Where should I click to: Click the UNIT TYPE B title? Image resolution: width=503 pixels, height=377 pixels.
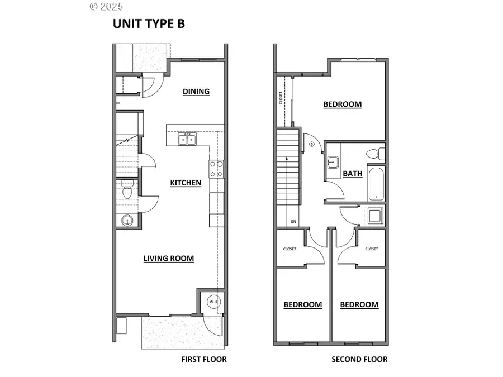[x=149, y=24]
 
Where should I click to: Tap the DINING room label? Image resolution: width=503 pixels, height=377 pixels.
[x=196, y=92]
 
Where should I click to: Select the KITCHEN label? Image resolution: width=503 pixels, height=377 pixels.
[x=186, y=183]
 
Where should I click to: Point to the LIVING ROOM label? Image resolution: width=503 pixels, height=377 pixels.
[x=169, y=258]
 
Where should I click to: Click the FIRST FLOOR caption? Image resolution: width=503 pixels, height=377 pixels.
[x=204, y=359]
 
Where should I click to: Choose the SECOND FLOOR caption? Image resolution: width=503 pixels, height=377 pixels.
[x=359, y=359]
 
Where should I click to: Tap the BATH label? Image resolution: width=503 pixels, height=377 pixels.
[x=353, y=174]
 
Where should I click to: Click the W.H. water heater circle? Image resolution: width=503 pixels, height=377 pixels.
[x=213, y=302]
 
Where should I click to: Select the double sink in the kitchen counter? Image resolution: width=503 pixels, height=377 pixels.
[x=187, y=139]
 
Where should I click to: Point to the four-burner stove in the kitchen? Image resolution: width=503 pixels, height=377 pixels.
[x=216, y=169]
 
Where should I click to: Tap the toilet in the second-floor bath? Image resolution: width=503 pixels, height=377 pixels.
[x=373, y=153]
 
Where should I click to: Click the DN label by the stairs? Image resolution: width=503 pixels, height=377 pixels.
[x=293, y=222]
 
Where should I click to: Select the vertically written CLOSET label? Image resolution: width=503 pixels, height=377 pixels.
[x=281, y=98]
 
